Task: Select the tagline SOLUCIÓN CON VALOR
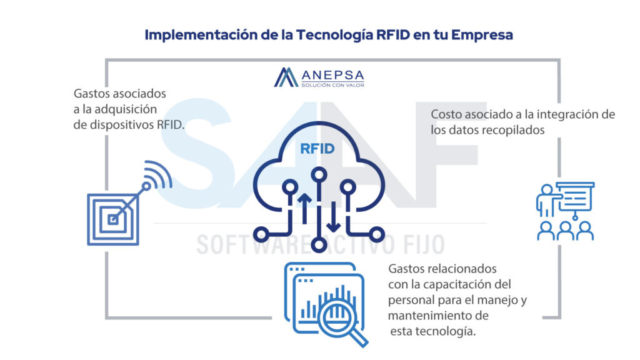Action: tap(332, 84)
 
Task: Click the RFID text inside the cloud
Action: tap(318, 149)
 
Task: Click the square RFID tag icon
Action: tap(113, 219)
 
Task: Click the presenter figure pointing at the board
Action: tap(546, 200)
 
